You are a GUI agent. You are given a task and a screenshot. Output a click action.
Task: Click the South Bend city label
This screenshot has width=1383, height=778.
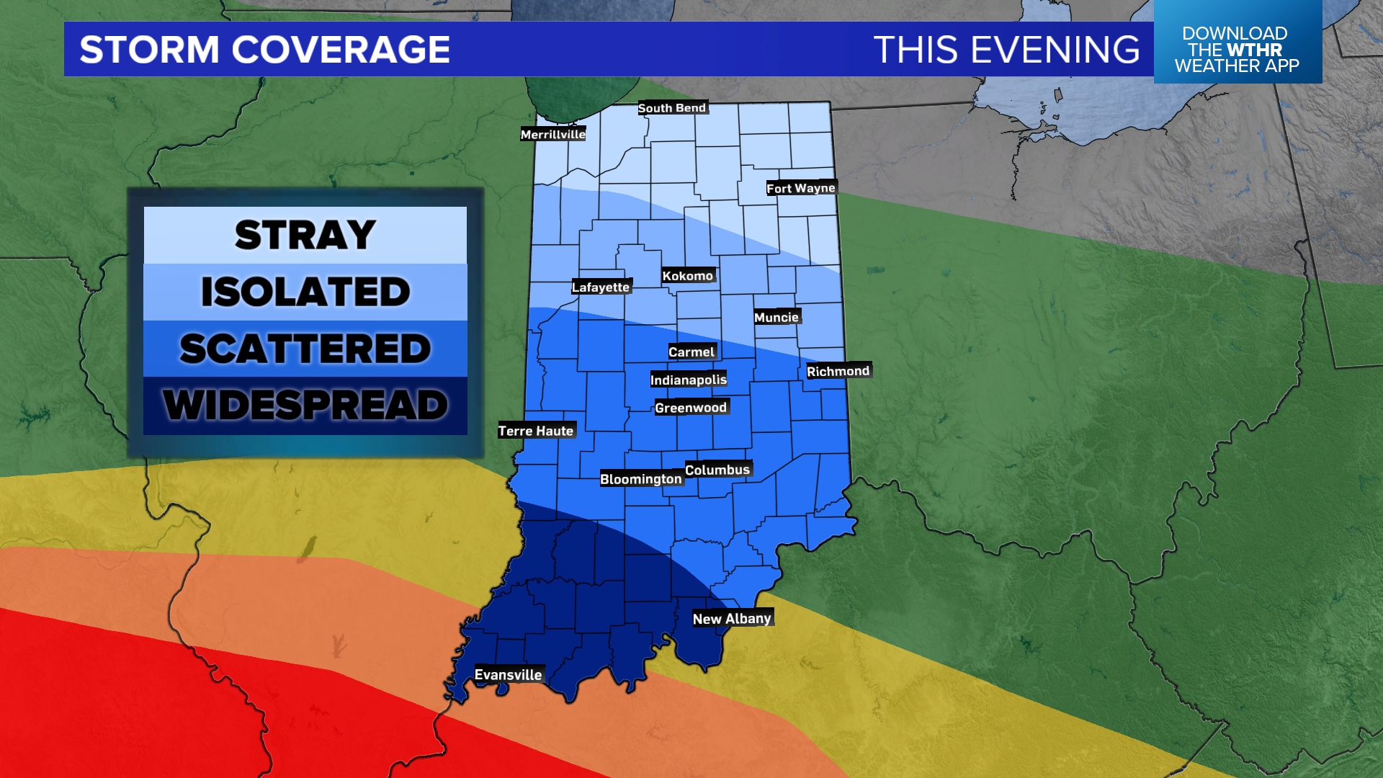click(x=672, y=108)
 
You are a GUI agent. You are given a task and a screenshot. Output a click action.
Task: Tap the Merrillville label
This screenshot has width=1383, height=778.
click(x=552, y=135)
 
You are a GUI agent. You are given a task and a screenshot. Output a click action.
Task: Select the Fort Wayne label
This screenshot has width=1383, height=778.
click(x=800, y=188)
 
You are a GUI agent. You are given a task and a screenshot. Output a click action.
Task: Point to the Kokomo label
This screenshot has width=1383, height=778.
click(x=687, y=276)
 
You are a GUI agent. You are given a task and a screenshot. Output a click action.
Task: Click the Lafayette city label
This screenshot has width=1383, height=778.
click(x=601, y=287)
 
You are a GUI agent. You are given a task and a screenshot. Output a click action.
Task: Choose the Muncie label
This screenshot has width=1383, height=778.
click(x=776, y=318)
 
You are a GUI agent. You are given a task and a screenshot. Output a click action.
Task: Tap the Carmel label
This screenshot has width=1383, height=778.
click(x=691, y=352)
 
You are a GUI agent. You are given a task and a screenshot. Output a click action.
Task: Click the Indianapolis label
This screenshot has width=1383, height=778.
click(x=688, y=380)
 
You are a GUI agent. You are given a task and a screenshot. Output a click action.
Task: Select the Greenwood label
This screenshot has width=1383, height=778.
click(x=690, y=408)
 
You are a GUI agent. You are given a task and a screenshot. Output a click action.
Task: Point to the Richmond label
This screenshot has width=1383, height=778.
click(x=838, y=372)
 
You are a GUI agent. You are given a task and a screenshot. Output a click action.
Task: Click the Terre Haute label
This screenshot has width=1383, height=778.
click(x=535, y=431)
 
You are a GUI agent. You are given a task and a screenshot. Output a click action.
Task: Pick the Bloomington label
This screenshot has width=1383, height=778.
click(x=640, y=479)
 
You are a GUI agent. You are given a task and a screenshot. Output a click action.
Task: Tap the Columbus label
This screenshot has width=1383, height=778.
click(x=717, y=470)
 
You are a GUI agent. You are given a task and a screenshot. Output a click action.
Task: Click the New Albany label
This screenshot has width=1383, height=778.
click(x=731, y=619)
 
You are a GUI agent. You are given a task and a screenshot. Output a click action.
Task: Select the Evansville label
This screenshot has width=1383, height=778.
click(x=508, y=675)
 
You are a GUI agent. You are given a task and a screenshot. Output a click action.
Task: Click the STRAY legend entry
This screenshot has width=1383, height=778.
click(x=305, y=236)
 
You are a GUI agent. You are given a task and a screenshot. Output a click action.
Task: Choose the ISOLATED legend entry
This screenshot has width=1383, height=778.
click(x=305, y=292)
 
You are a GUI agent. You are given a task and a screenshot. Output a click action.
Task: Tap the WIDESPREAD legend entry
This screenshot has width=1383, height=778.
click(x=305, y=405)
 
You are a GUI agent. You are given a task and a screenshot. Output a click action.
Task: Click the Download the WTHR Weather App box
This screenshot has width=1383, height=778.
click(x=1237, y=49)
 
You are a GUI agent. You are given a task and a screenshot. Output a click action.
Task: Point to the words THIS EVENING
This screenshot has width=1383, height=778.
click(x=1006, y=50)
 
